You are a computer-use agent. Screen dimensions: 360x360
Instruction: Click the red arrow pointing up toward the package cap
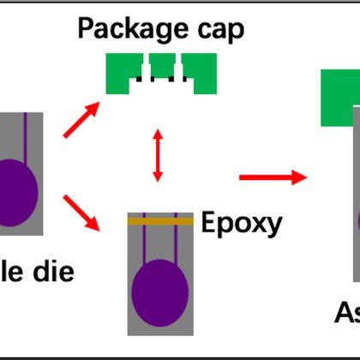(83, 121)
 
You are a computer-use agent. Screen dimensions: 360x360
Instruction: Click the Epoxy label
(242, 224)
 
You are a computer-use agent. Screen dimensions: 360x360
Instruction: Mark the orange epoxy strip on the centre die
(159, 221)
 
